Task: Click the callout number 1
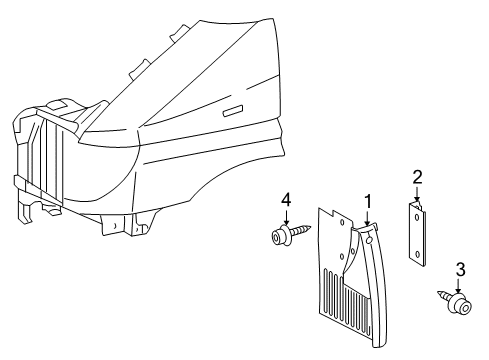[x=367, y=201]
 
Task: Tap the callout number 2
[x=417, y=177]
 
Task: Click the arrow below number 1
[x=367, y=217]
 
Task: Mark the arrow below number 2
[x=417, y=194]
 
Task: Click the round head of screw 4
[x=277, y=236]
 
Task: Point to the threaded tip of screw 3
[x=441, y=293]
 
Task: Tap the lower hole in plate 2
[x=417, y=254]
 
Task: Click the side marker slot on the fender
[x=234, y=109]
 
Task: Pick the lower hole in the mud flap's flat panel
[x=343, y=257]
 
